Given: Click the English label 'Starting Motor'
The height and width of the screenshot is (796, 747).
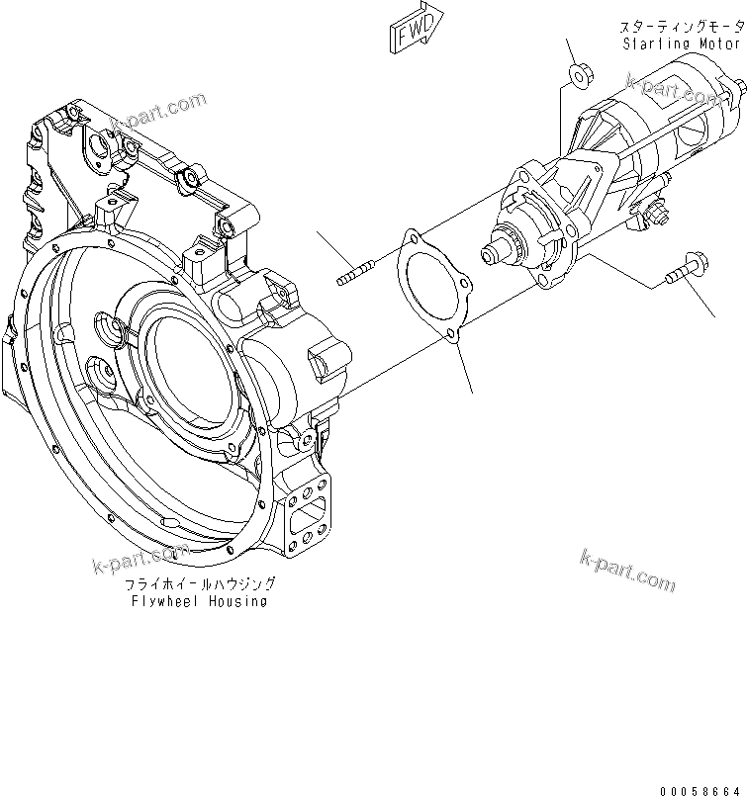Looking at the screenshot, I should point(682,44).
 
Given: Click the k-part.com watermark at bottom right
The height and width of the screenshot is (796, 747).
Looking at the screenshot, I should point(628,571).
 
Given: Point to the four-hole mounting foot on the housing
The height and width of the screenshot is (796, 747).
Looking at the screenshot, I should point(308,514).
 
